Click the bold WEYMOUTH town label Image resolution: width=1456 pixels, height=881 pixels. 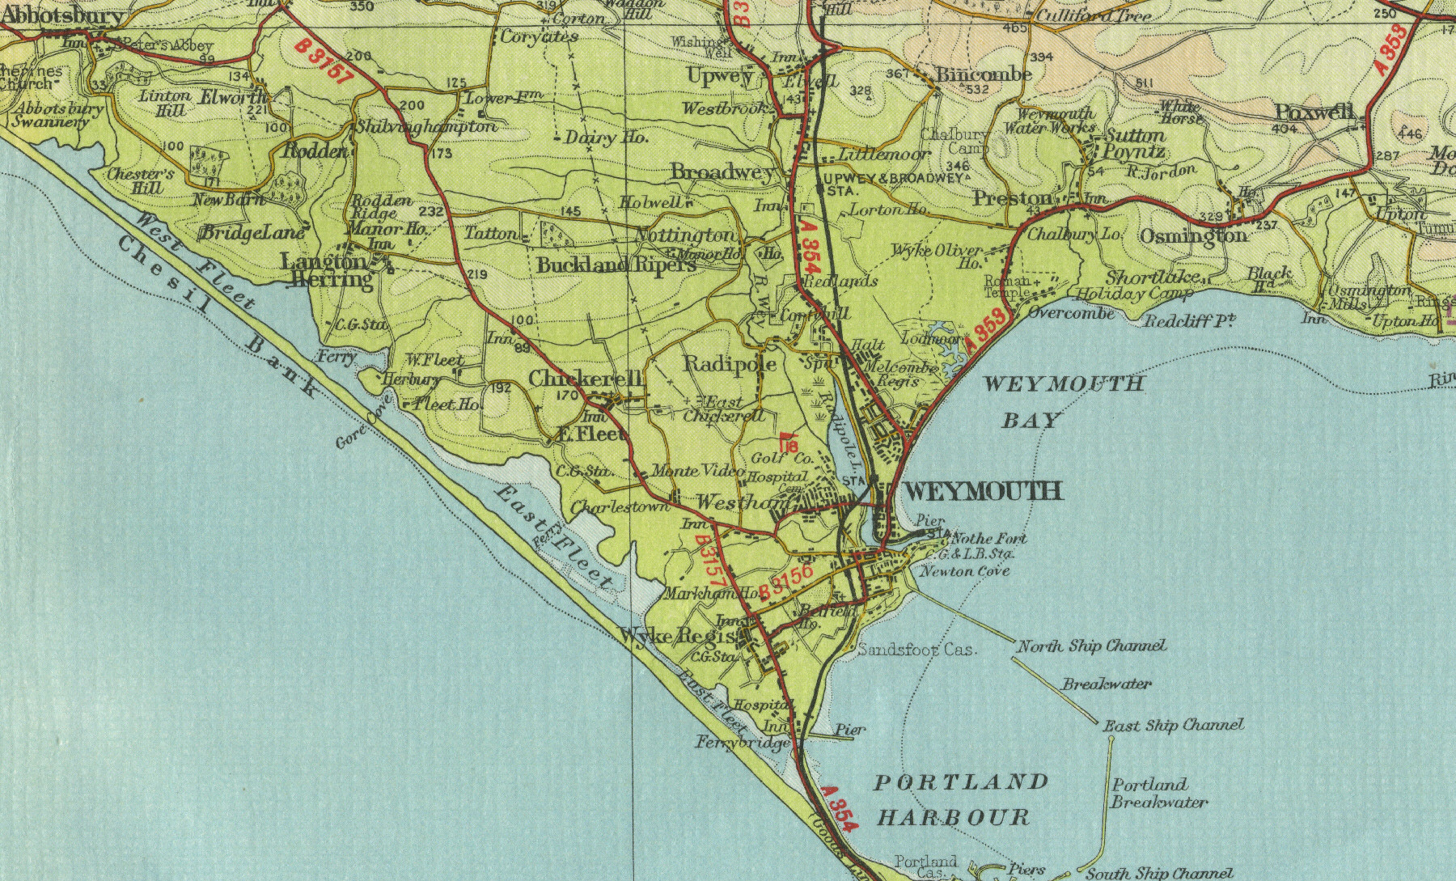[x=982, y=491]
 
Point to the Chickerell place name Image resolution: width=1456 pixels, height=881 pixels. [x=586, y=379]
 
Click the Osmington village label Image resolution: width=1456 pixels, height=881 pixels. [x=1193, y=235]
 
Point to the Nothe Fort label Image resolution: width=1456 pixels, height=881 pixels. [x=989, y=539]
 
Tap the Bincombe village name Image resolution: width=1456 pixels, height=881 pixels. [x=984, y=74]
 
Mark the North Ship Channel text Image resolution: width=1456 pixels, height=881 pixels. [x=1091, y=646]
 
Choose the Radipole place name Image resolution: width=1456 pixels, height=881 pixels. [x=730, y=364]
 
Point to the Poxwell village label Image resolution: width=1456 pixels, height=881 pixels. [x=1314, y=112]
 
